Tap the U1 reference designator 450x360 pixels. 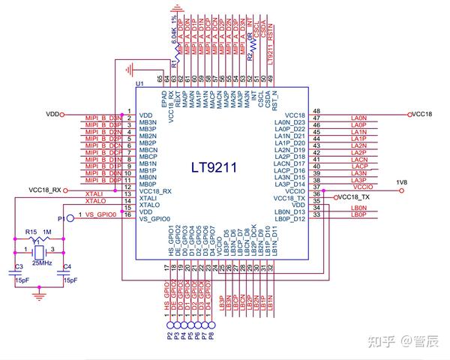click(x=138, y=83)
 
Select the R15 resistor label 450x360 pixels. click(x=31, y=232)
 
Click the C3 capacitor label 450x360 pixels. click(x=19, y=267)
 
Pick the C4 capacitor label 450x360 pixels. click(x=67, y=267)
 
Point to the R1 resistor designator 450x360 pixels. click(x=173, y=66)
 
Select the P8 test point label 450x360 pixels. click(x=212, y=335)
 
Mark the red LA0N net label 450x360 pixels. click(x=358, y=118)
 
